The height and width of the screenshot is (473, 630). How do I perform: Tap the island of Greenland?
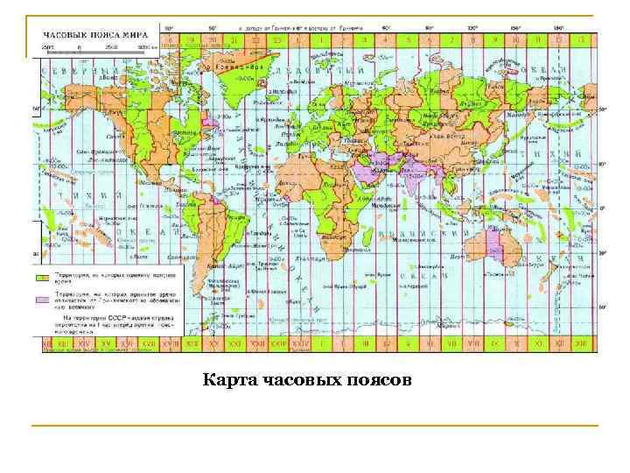232,70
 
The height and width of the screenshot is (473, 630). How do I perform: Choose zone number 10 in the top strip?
515,39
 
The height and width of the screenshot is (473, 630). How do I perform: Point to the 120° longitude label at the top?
472,28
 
